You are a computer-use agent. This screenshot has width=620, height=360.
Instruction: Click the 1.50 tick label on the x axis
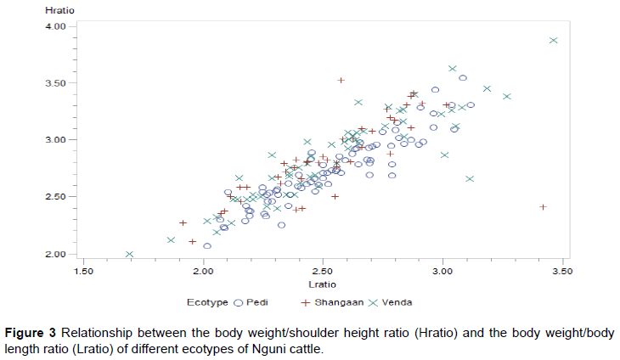tap(83, 272)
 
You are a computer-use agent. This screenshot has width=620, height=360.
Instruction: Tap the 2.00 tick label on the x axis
tap(203, 272)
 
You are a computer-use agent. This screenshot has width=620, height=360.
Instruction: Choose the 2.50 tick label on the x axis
tap(323, 272)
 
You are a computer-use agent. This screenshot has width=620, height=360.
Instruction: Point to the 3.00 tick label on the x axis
tap(442, 272)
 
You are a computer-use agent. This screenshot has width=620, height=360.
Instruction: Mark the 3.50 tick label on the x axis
tap(561, 272)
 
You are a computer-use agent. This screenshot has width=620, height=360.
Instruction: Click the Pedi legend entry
tap(259, 301)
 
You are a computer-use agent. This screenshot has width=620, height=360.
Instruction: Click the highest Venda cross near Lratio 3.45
tap(553, 40)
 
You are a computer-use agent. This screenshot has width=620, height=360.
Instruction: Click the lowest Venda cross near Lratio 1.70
tap(129, 254)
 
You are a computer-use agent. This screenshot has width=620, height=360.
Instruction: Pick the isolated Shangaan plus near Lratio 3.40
tap(543, 206)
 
